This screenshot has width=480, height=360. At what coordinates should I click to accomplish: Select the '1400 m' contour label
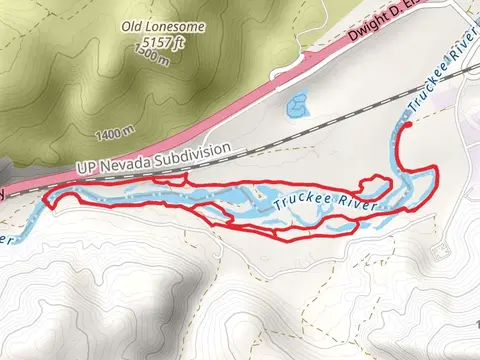tap(116, 131)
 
